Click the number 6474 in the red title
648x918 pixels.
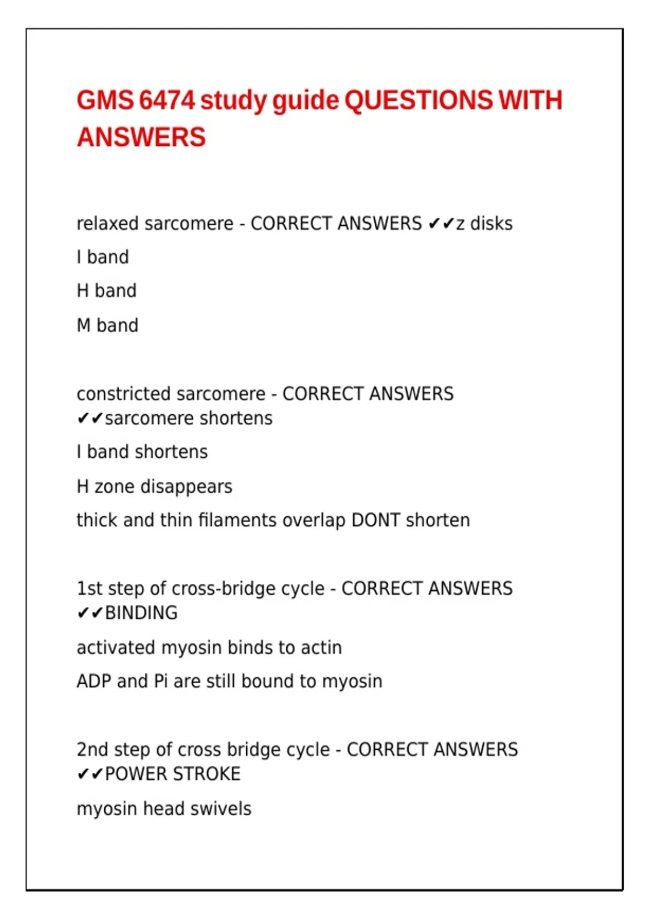tap(166, 101)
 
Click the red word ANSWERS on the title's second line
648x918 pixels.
tap(141, 137)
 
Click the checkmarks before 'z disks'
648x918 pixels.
tap(441, 224)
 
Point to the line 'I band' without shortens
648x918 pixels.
tap(103, 257)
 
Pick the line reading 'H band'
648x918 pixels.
tap(106, 291)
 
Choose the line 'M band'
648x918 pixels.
tap(107, 325)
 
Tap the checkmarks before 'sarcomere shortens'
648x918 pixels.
tap(90, 418)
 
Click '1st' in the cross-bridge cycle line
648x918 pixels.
tap(89, 588)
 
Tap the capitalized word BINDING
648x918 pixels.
tap(141, 613)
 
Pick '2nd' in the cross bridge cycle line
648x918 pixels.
tap(92, 750)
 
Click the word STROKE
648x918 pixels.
tap(207, 774)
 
